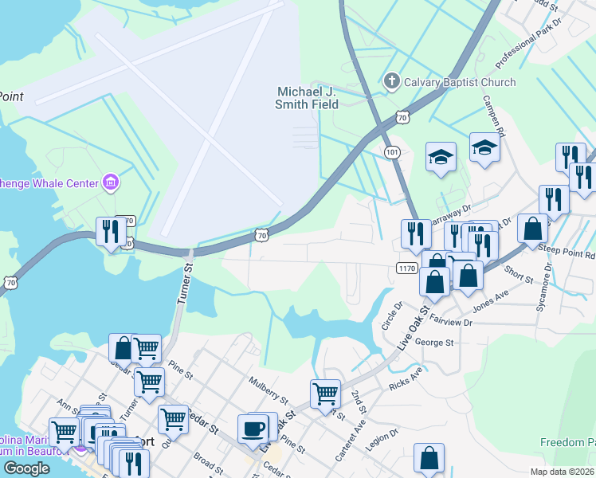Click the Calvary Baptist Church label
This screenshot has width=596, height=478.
pyautogui.click(x=460, y=82)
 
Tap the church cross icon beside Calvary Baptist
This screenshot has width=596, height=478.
pyautogui.click(x=391, y=81)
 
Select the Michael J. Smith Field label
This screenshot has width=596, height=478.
pyautogui.click(x=307, y=98)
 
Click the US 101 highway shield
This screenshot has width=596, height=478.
pyautogui.click(x=391, y=151)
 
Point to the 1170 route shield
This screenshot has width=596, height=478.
pyautogui.click(x=406, y=268)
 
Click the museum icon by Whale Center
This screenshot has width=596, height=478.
pyautogui.click(x=111, y=183)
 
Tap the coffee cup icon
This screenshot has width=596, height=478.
pyautogui.click(x=254, y=428)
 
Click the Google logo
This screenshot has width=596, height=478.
pyautogui.click(x=26, y=468)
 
